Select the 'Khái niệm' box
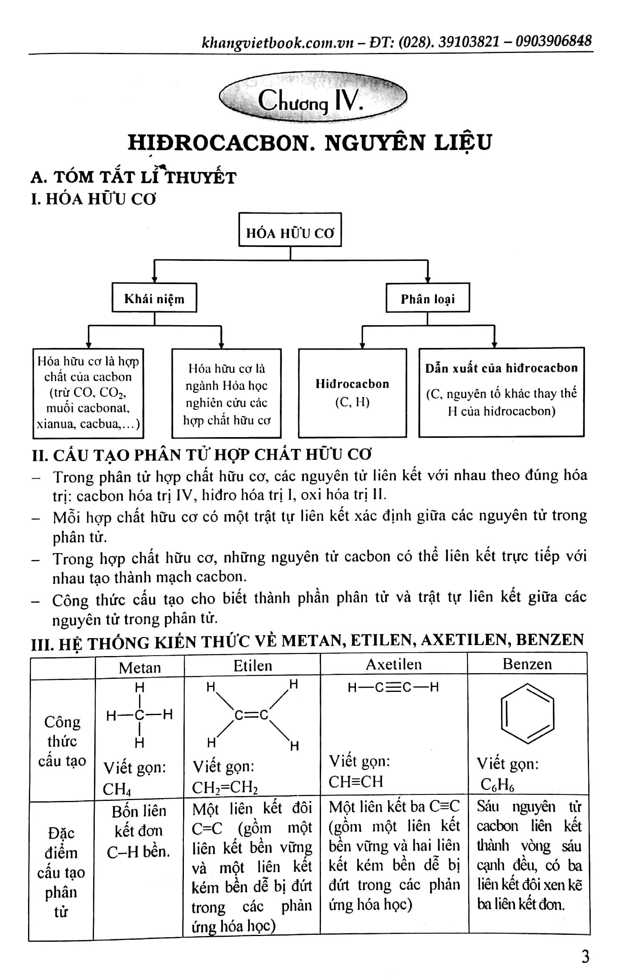point(154,298)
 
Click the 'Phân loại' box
point(428,298)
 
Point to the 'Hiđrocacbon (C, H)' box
point(352,393)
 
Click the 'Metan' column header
point(140,667)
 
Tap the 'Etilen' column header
point(252,666)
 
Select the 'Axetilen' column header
point(394,664)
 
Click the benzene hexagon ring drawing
point(527,714)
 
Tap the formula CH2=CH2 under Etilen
point(225,787)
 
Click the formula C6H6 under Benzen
point(497,785)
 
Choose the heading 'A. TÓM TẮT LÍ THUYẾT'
point(133,177)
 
